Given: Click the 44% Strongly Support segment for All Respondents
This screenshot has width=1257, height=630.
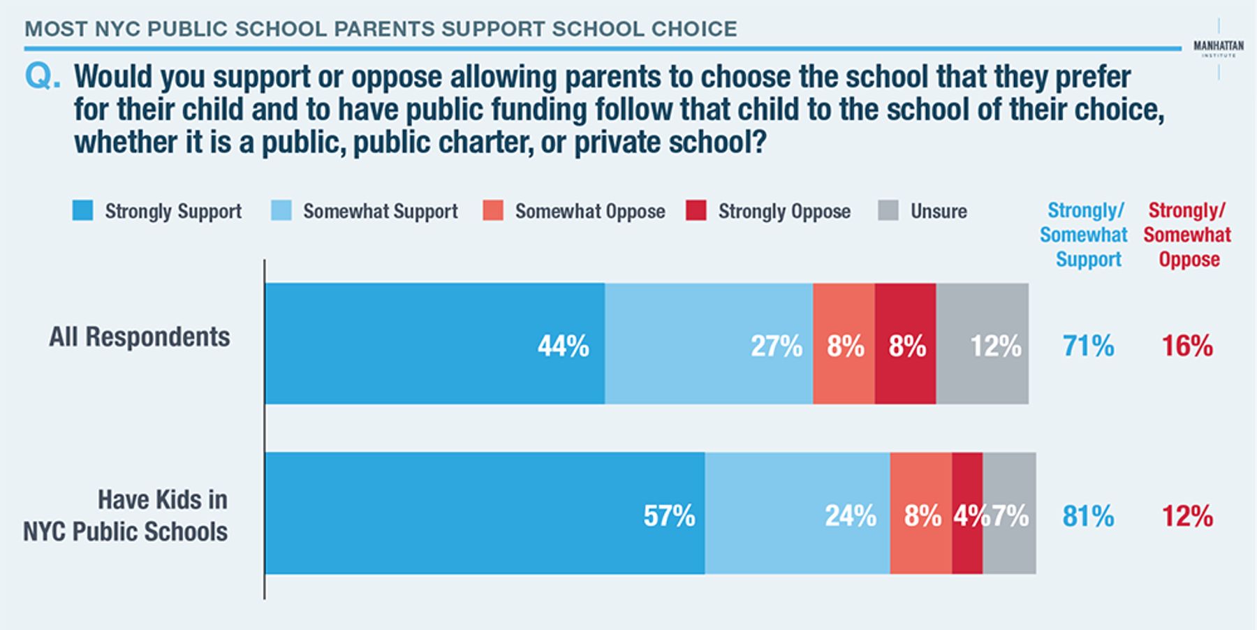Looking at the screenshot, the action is (435, 344).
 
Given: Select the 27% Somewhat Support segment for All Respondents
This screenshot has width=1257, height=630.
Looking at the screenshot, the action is (709, 344).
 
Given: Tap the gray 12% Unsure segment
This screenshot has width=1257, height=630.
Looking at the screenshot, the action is (983, 344).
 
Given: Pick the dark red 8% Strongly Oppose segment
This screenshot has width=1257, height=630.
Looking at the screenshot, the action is (905, 344).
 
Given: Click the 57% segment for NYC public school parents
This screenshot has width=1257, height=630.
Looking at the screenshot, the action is (485, 513).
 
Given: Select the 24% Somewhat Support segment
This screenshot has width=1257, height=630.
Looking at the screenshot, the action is (797, 513).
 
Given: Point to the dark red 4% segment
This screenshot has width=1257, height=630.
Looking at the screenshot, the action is (967, 513).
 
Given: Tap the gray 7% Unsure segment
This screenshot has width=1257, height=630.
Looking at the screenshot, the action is (1010, 513).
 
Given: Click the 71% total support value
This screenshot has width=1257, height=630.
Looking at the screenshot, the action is (1088, 346).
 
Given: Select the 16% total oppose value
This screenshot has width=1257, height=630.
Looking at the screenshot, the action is (1187, 346).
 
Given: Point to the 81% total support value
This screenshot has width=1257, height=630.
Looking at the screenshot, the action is (1088, 516).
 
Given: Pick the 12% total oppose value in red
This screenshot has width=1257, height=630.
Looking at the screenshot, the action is (1187, 516).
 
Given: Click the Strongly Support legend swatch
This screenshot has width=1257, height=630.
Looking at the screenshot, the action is (82, 210).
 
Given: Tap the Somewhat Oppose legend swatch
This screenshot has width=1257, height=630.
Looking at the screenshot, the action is (493, 210).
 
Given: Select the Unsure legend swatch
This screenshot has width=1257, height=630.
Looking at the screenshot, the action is (888, 210).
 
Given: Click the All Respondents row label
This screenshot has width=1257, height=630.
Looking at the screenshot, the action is (139, 337).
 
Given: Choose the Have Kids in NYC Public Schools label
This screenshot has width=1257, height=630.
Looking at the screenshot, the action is (126, 515).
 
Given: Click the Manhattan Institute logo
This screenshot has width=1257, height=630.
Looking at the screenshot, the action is (1219, 48).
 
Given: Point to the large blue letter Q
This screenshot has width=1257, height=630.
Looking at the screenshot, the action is (43, 77).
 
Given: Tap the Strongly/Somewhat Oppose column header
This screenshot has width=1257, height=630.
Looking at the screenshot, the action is (1188, 235).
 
